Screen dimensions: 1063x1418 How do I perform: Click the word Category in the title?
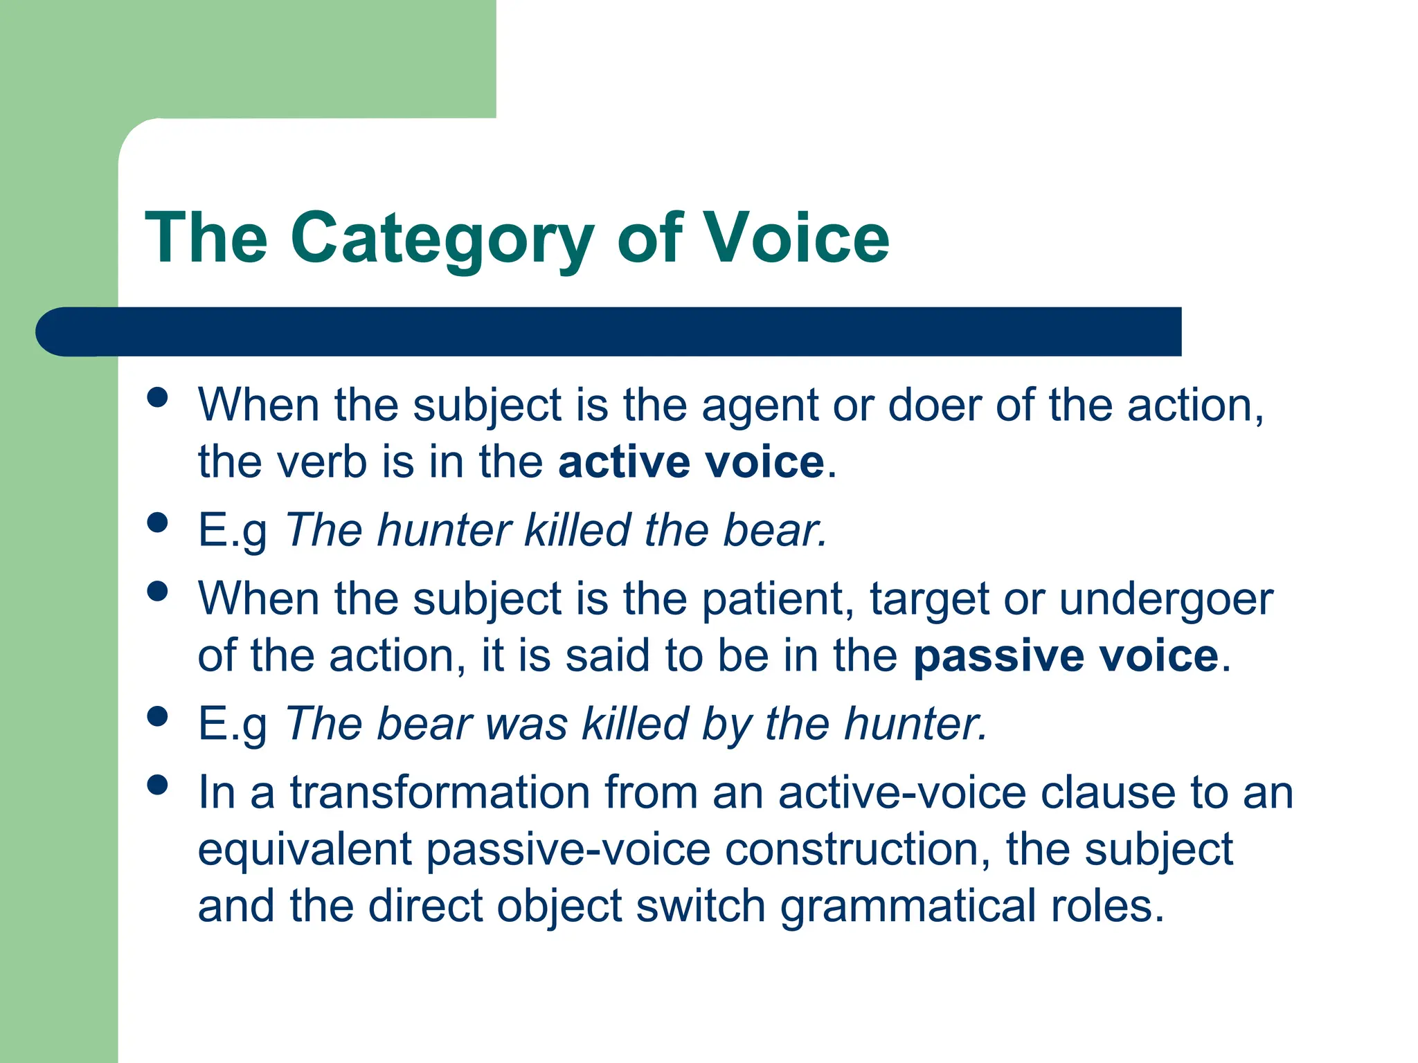pos(442,239)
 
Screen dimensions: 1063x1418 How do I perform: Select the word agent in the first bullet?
pos(760,406)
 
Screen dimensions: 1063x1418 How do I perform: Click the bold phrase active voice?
pos(691,462)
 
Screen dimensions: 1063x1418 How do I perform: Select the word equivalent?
pos(305,850)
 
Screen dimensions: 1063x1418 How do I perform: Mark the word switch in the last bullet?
pos(700,906)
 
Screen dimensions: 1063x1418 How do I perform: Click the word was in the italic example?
pos(526,725)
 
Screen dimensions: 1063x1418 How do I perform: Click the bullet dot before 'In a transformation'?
pos(158,785)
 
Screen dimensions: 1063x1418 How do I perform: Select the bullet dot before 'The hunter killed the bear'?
pos(158,523)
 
